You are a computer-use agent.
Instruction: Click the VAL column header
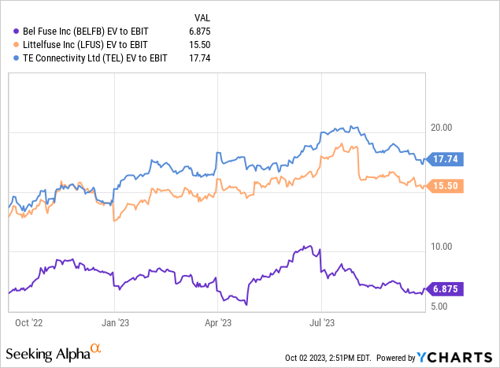(x=202, y=15)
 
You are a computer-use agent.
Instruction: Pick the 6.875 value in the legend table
(x=202, y=29)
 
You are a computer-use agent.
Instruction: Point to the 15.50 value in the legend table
(x=202, y=43)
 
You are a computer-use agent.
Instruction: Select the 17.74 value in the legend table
(x=202, y=58)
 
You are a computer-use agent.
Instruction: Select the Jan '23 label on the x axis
(x=116, y=322)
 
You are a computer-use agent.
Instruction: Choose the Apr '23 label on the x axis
(x=217, y=322)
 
